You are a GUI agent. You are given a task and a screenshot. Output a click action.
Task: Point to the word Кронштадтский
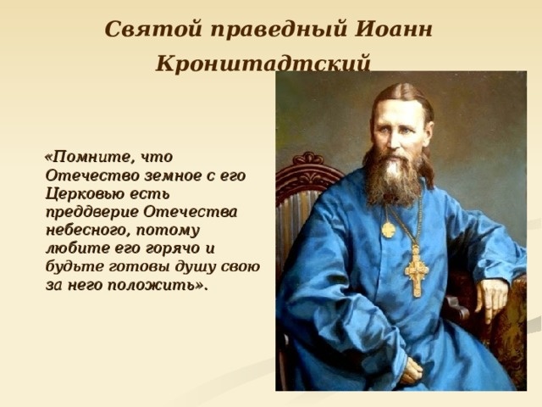pyautogui.click(x=263, y=64)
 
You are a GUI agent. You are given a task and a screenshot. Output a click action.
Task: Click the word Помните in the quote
pyautogui.click(x=95, y=157)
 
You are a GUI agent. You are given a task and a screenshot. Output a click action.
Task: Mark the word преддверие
pyautogui.click(x=91, y=211)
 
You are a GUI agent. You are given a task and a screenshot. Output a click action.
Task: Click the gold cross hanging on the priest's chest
pyautogui.click(x=416, y=271)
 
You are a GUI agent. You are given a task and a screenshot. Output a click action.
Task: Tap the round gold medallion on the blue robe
pyautogui.click(x=388, y=229)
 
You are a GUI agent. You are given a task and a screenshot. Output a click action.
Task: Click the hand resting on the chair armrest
pyautogui.click(x=491, y=297)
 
